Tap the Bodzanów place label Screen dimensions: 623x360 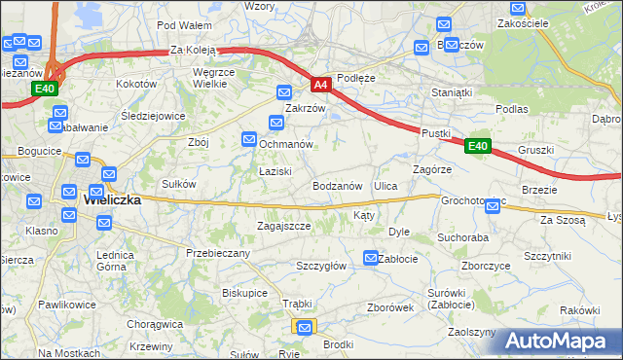tap(338, 185)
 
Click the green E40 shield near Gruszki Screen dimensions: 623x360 tap(477, 146)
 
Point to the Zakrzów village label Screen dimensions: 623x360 tap(304, 108)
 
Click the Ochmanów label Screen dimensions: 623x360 tap(285, 144)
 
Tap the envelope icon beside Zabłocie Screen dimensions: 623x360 tap(371, 258)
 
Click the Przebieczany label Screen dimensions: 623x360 tap(218, 253)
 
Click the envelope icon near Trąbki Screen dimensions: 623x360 tap(306, 328)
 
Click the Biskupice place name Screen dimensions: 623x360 tap(244, 292)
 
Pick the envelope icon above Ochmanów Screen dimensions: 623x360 tap(276, 123)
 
